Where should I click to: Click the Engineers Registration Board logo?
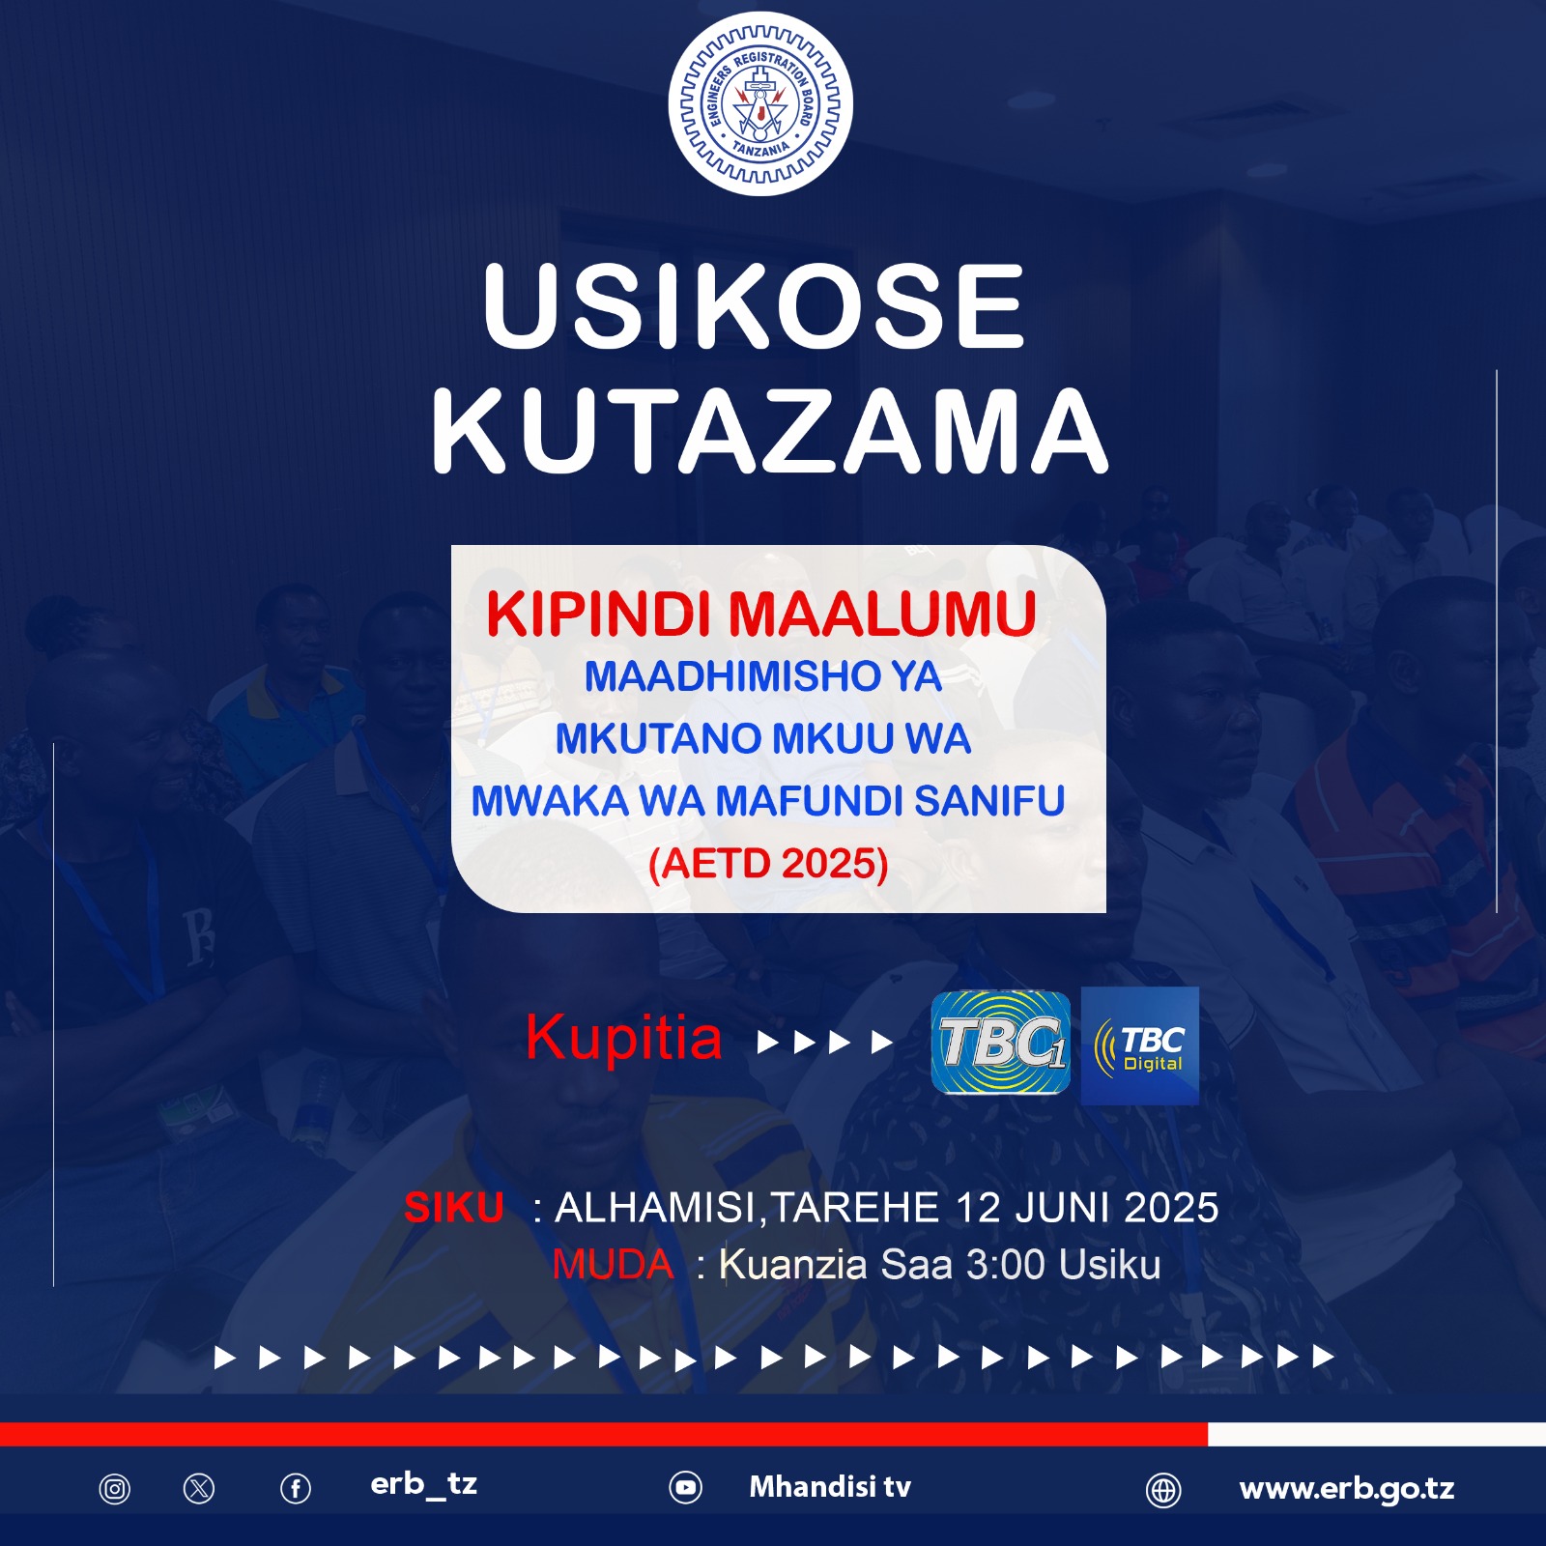click(x=760, y=104)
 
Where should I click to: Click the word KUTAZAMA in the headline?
click(x=769, y=431)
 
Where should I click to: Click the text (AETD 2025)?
click(x=768, y=864)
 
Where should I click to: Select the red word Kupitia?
click(x=624, y=1039)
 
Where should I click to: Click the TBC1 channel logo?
click(x=1001, y=1043)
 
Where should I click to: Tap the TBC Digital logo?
click(x=1140, y=1045)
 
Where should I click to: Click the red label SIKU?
click(x=454, y=1208)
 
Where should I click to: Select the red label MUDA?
click(x=613, y=1265)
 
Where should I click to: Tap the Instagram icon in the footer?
click(x=114, y=1489)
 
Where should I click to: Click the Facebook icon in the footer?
click(x=296, y=1489)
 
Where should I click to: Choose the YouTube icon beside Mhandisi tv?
click(x=686, y=1488)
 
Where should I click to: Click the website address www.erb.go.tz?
click(x=1347, y=1489)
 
